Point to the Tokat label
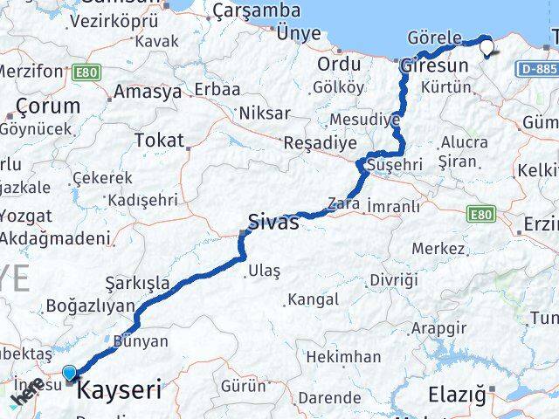159,140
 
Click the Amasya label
148,91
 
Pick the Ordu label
339,64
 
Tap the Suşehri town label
396,163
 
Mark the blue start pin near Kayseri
69,374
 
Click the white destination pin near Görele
487,49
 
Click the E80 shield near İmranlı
480,212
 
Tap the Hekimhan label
343,356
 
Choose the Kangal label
312,299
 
